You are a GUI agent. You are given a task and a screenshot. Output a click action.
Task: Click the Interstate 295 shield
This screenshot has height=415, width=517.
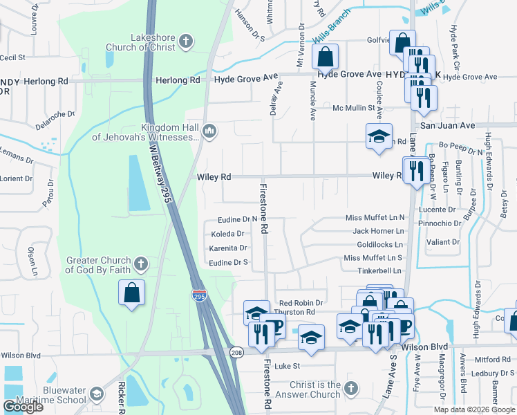pyautogui.click(x=199, y=295)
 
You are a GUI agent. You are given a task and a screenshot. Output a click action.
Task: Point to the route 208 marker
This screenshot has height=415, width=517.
pyautogui.click(x=236, y=353)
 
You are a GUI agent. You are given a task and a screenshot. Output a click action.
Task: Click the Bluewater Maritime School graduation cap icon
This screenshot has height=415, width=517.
pyautogui.click(x=97, y=394)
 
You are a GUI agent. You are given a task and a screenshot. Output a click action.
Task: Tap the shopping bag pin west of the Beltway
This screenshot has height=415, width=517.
pyautogui.click(x=131, y=293)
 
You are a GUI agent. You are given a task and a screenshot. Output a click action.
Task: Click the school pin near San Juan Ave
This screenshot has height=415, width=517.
pyautogui.click(x=379, y=136)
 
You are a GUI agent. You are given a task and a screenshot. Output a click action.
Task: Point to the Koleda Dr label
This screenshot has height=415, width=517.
pyautogui.click(x=228, y=234)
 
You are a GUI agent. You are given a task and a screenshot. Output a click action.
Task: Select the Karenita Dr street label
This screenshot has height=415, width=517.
pyautogui.click(x=228, y=248)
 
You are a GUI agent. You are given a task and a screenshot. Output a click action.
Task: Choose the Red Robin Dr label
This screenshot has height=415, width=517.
pyautogui.click(x=301, y=303)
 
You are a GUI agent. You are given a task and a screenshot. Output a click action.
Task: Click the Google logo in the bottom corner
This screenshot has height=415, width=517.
pyautogui.click(x=23, y=407)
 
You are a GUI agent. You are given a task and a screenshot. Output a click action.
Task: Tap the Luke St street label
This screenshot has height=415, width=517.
pyautogui.click(x=287, y=365)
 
